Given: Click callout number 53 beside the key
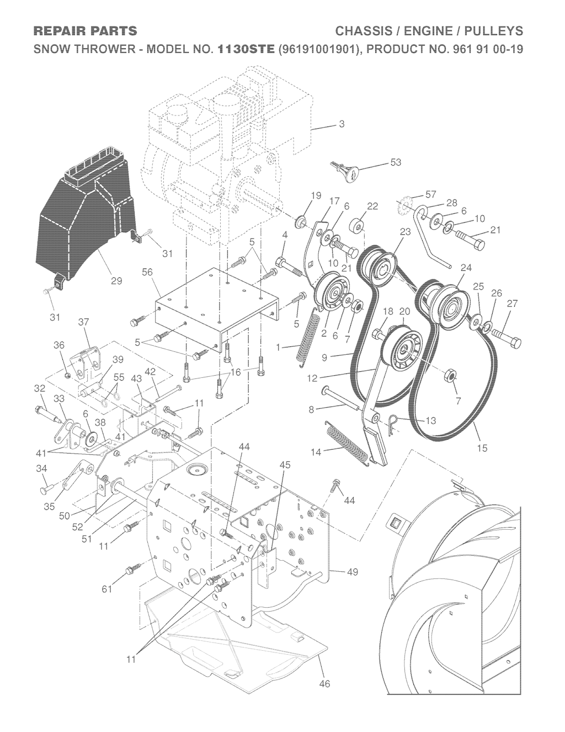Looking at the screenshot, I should click(395, 162).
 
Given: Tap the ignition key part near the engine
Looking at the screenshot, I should click(344, 171).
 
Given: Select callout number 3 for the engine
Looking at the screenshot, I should click(342, 124).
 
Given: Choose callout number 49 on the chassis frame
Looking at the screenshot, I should click(351, 572).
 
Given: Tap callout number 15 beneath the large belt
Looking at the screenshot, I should click(482, 448).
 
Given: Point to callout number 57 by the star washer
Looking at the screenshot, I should click(431, 194).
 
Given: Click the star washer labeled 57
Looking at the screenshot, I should click(403, 209).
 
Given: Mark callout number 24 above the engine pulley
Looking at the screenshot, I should click(466, 268).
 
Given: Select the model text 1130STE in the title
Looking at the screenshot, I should click(246, 49).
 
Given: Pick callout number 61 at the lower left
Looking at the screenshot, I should click(107, 589).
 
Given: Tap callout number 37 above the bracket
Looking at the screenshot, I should click(84, 322).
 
